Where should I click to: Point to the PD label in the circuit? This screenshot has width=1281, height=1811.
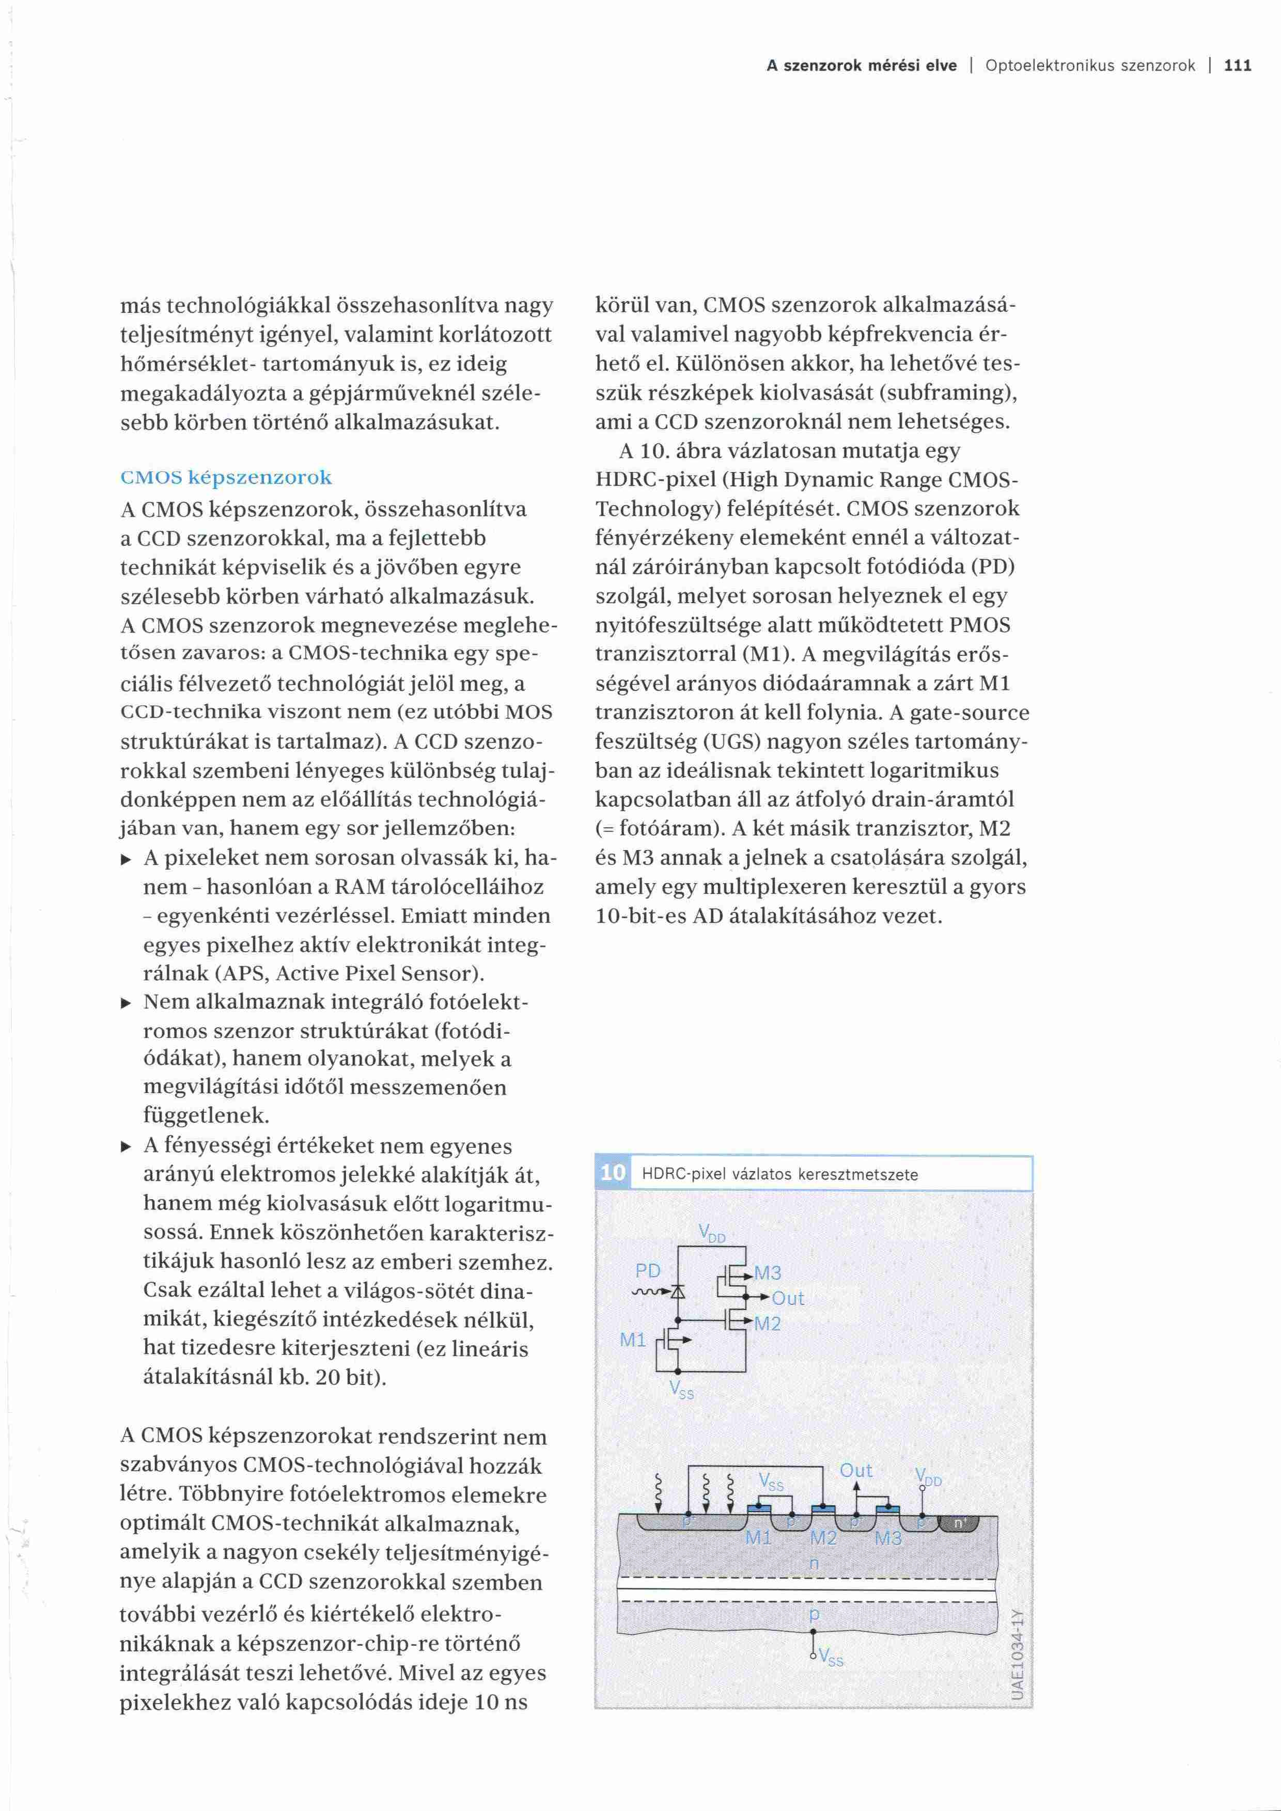point(648,1271)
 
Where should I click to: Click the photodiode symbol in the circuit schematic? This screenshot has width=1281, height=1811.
point(678,1291)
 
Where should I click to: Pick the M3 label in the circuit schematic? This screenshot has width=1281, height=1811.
point(768,1272)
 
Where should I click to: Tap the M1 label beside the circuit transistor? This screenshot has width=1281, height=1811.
point(633,1340)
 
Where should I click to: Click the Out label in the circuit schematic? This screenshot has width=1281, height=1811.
point(788,1298)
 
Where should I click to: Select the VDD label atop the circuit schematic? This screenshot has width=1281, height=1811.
point(711,1234)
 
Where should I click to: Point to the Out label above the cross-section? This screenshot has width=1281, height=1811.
point(856,1470)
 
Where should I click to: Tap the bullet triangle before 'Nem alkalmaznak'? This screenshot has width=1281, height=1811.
point(126,1003)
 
